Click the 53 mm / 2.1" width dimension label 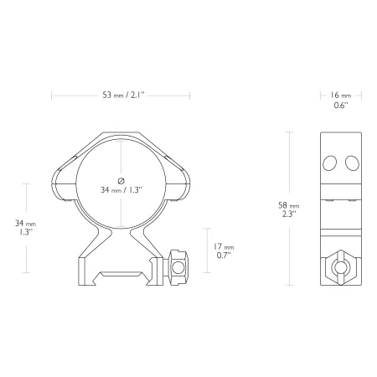(x=123, y=95)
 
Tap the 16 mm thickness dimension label (x=341, y=96)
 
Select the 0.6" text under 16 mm (x=341, y=106)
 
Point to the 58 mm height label (x=289, y=205)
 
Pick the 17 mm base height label (x=224, y=247)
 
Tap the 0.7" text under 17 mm (x=224, y=256)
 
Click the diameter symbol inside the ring (x=121, y=181)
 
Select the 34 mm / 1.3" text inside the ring (x=121, y=190)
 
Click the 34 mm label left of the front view (x=25, y=224)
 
